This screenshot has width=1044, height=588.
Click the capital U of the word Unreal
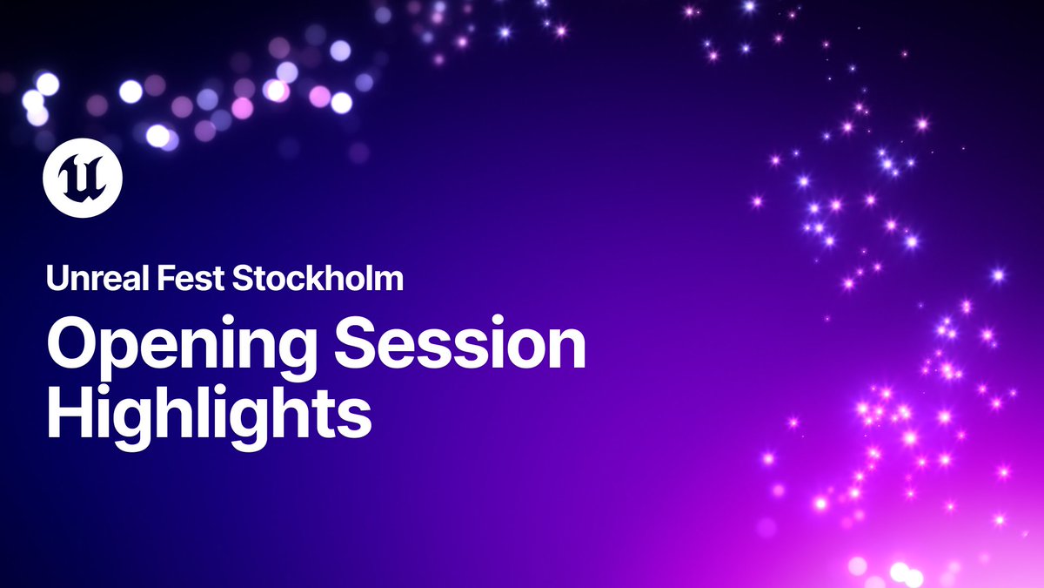[x=57, y=280]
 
